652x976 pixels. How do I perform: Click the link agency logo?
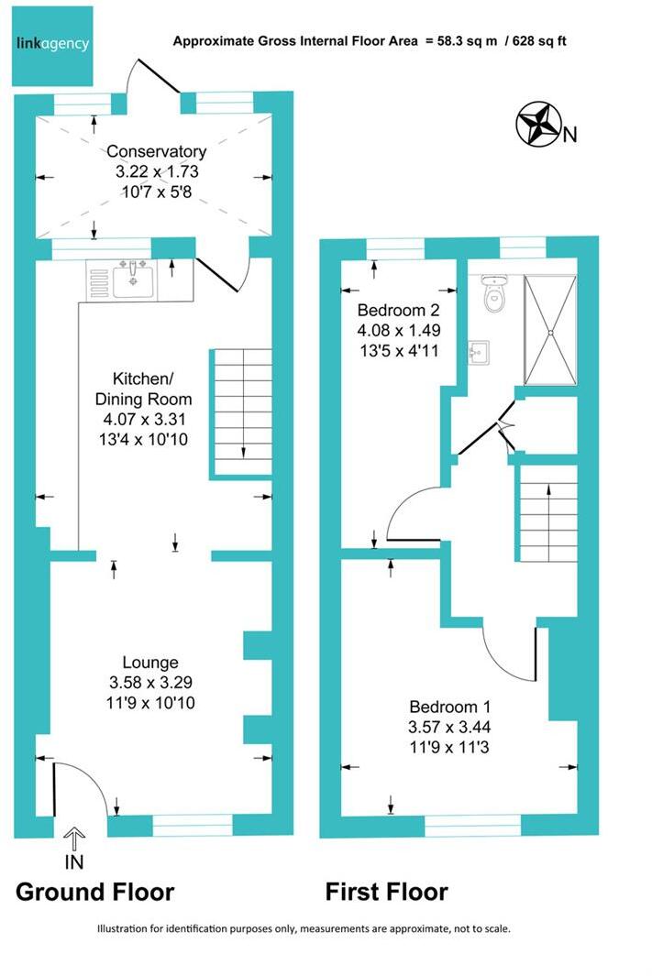(x=53, y=43)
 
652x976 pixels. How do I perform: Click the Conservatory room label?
(x=156, y=152)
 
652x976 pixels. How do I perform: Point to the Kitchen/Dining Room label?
(x=152, y=389)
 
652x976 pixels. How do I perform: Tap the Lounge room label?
(x=151, y=663)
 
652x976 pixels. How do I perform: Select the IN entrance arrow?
(x=74, y=837)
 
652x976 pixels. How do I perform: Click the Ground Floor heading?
(x=94, y=892)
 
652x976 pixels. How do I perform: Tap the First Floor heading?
(x=386, y=892)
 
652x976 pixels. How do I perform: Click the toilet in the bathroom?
(x=495, y=295)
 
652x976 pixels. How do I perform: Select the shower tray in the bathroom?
(x=550, y=329)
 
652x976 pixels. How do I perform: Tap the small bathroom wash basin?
(x=478, y=351)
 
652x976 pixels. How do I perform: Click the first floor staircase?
(x=547, y=513)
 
